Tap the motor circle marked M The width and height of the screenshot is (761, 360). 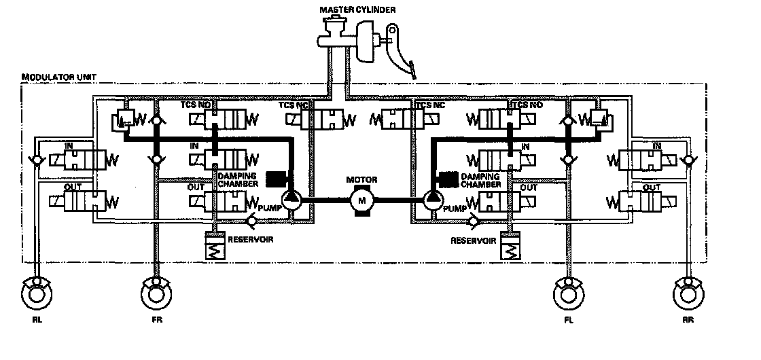361,200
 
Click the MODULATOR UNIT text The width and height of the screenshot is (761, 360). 49,77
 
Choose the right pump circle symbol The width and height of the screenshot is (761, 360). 432,200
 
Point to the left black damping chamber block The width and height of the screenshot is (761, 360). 275,179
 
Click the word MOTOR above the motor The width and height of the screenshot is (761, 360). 361,180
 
